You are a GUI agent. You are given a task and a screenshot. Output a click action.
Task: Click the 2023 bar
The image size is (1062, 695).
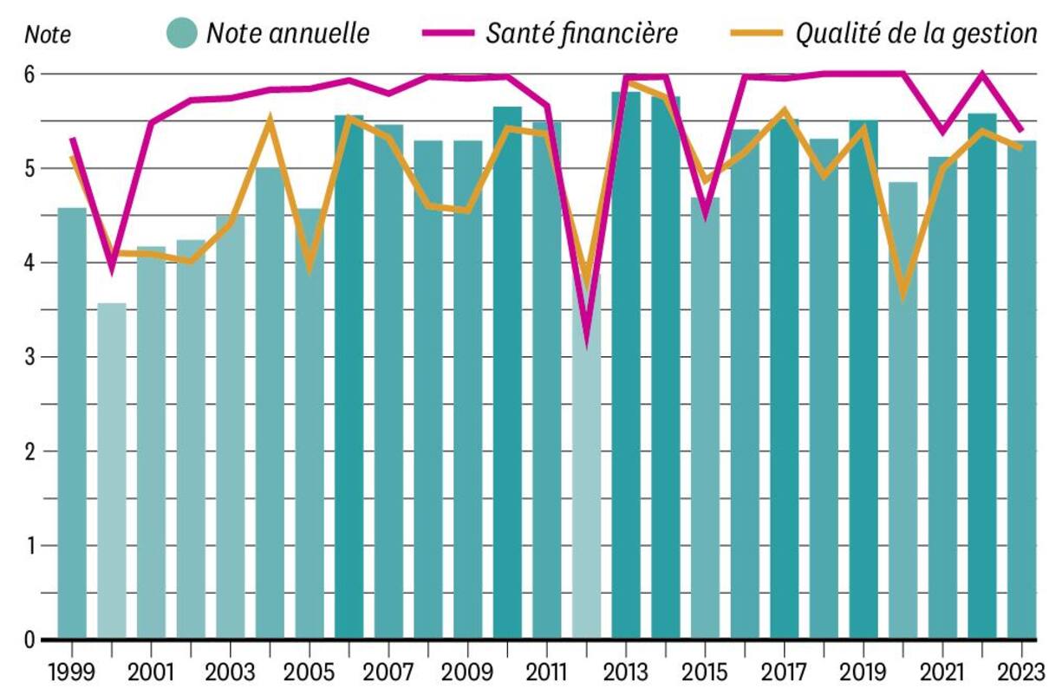(x=1021, y=390)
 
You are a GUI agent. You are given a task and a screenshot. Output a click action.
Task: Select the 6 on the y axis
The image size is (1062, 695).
(x=29, y=75)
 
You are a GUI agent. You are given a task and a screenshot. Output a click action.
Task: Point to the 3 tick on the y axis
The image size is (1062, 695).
(x=29, y=357)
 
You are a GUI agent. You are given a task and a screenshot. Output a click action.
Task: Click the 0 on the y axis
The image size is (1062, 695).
(x=29, y=640)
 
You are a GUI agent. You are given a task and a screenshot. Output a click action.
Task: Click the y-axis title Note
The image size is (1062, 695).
(x=48, y=36)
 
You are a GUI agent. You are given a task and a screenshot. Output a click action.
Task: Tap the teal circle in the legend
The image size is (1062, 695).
(x=182, y=33)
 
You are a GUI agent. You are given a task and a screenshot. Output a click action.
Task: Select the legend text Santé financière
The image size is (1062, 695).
(x=582, y=33)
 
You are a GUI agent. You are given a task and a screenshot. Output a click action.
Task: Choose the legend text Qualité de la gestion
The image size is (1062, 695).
(x=916, y=33)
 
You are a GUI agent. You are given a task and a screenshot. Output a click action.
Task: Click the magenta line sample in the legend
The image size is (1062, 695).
(x=448, y=33)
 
